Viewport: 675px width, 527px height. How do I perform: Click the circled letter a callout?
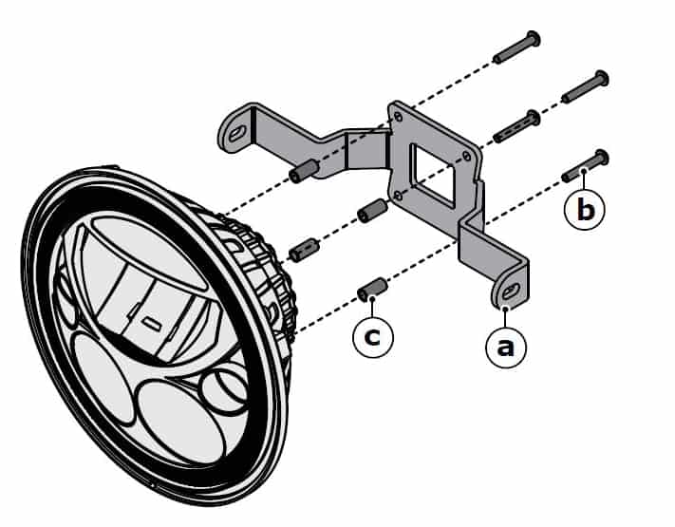tap(505, 348)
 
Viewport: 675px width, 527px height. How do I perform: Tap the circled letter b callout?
tap(586, 209)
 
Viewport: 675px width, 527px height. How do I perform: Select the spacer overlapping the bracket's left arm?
tap(303, 174)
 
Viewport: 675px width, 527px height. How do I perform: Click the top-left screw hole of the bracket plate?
tap(398, 118)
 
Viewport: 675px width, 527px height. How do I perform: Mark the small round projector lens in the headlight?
tap(225, 389)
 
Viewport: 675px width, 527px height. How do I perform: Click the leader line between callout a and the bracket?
tap(505, 317)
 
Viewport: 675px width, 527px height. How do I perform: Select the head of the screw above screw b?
tap(600, 78)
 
